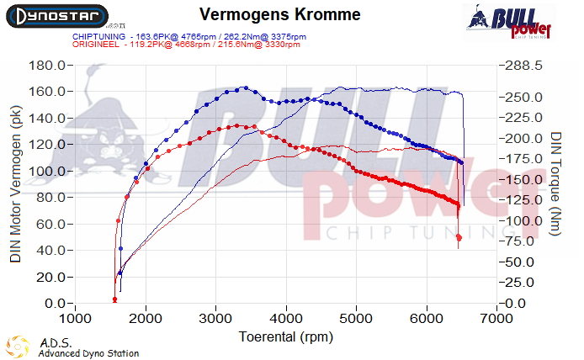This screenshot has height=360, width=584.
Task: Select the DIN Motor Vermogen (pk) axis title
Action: click(16, 184)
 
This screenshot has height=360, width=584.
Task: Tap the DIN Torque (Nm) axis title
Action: click(556, 184)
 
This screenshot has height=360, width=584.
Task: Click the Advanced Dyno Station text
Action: click(88, 353)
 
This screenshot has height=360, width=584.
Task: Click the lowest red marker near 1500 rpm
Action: click(114, 299)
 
